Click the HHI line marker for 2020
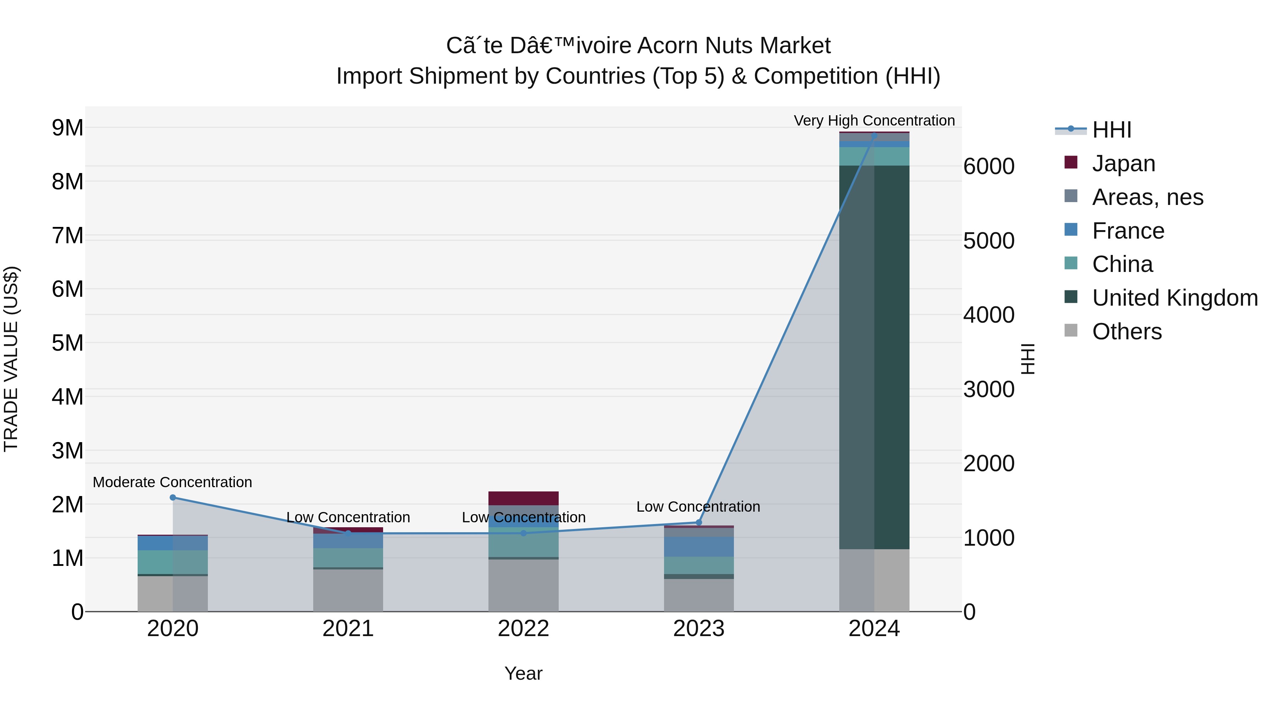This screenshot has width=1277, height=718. (172, 497)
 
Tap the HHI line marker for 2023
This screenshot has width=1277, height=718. (699, 522)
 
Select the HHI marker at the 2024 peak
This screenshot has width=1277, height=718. (874, 136)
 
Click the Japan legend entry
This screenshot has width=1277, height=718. (1123, 163)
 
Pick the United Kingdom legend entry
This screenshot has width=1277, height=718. (1174, 298)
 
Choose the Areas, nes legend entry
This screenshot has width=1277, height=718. (1147, 197)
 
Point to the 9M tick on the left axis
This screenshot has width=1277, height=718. (68, 128)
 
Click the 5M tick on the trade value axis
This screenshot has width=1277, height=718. (68, 343)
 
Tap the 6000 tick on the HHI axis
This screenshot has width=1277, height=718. (989, 167)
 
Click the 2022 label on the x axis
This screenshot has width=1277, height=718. (524, 629)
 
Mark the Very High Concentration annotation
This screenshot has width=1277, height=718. (874, 121)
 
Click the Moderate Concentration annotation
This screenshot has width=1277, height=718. (172, 482)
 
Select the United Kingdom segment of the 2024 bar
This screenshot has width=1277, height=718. (874, 357)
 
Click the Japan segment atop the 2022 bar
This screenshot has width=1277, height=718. (524, 498)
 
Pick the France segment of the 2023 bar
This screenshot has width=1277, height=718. (699, 546)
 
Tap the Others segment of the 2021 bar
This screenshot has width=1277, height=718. (348, 590)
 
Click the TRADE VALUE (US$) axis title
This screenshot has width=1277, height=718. (11, 359)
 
